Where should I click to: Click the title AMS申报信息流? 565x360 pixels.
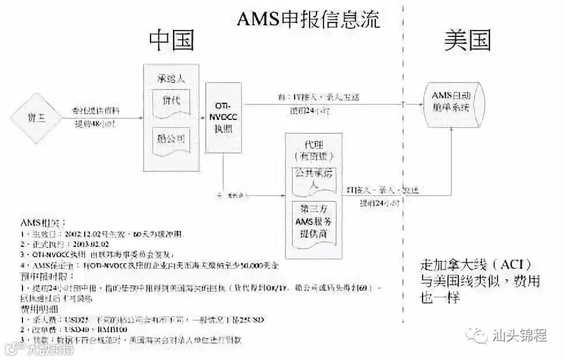308,20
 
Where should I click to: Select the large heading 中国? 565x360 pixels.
171,40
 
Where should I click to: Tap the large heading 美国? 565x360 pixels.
467,40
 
